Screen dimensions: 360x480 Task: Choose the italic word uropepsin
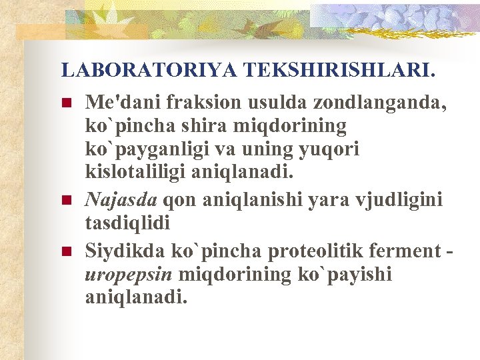click(128, 274)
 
